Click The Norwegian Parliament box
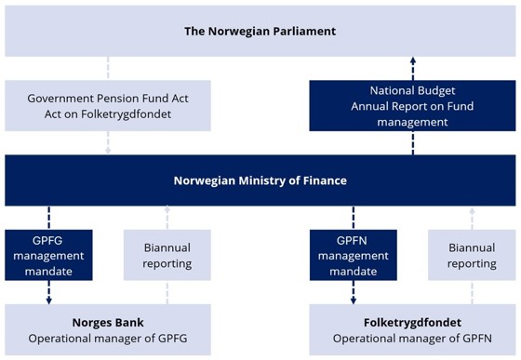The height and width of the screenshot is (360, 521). [x=260, y=31]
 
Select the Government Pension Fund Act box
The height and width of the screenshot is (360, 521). [x=108, y=105]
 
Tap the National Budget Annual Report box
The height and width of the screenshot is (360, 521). [x=413, y=105]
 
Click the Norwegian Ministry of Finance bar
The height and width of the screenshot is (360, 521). [x=260, y=180]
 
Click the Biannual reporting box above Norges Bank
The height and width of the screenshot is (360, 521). [x=167, y=256]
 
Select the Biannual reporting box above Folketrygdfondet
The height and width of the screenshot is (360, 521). [x=472, y=256]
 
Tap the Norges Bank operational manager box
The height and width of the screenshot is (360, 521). [x=108, y=329]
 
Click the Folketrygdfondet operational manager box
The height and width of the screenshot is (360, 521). [x=412, y=329]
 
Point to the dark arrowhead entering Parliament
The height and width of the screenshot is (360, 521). [x=413, y=60]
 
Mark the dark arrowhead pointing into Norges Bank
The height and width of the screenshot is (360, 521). [x=48, y=300]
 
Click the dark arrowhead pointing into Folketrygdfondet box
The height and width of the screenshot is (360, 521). [x=353, y=300]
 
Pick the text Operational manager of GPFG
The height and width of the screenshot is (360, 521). [x=108, y=338]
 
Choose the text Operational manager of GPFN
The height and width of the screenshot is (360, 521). [x=412, y=338]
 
